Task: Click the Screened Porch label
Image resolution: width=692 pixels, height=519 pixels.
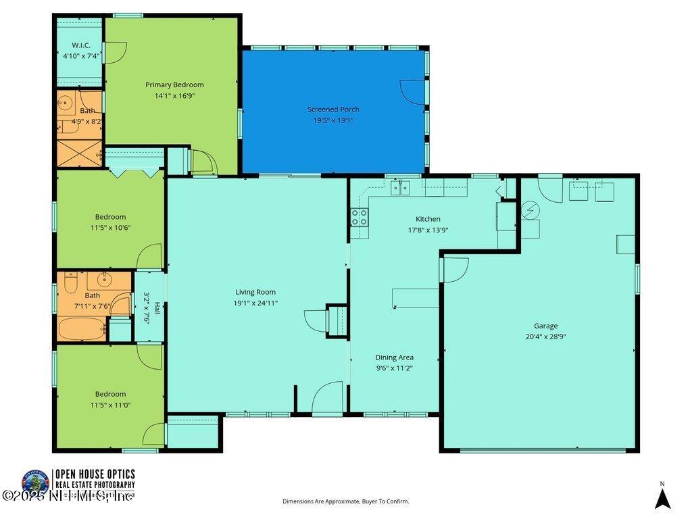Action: pos(333,109)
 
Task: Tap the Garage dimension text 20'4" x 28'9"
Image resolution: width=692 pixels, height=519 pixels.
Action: pos(545,337)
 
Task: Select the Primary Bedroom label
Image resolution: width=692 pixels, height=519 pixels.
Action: pos(174,85)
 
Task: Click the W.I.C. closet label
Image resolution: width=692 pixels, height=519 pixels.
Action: pos(81,45)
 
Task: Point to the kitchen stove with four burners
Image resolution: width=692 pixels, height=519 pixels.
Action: pos(360,218)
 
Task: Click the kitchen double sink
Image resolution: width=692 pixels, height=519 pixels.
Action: pos(399,187)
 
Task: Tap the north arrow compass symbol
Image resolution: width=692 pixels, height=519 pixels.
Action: pos(663,498)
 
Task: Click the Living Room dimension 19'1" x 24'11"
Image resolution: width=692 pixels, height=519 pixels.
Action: pos(255,303)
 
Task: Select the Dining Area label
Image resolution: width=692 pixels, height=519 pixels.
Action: pos(395,357)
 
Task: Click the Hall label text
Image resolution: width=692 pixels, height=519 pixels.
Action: pos(157,307)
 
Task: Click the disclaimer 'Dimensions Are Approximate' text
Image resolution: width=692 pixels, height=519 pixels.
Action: pos(345,501)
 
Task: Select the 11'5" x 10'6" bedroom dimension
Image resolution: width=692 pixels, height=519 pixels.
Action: pos(110,228)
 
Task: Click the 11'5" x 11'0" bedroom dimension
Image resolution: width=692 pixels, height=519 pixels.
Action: pos(110,405)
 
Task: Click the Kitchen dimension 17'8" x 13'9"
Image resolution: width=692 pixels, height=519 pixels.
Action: pos(428,230)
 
